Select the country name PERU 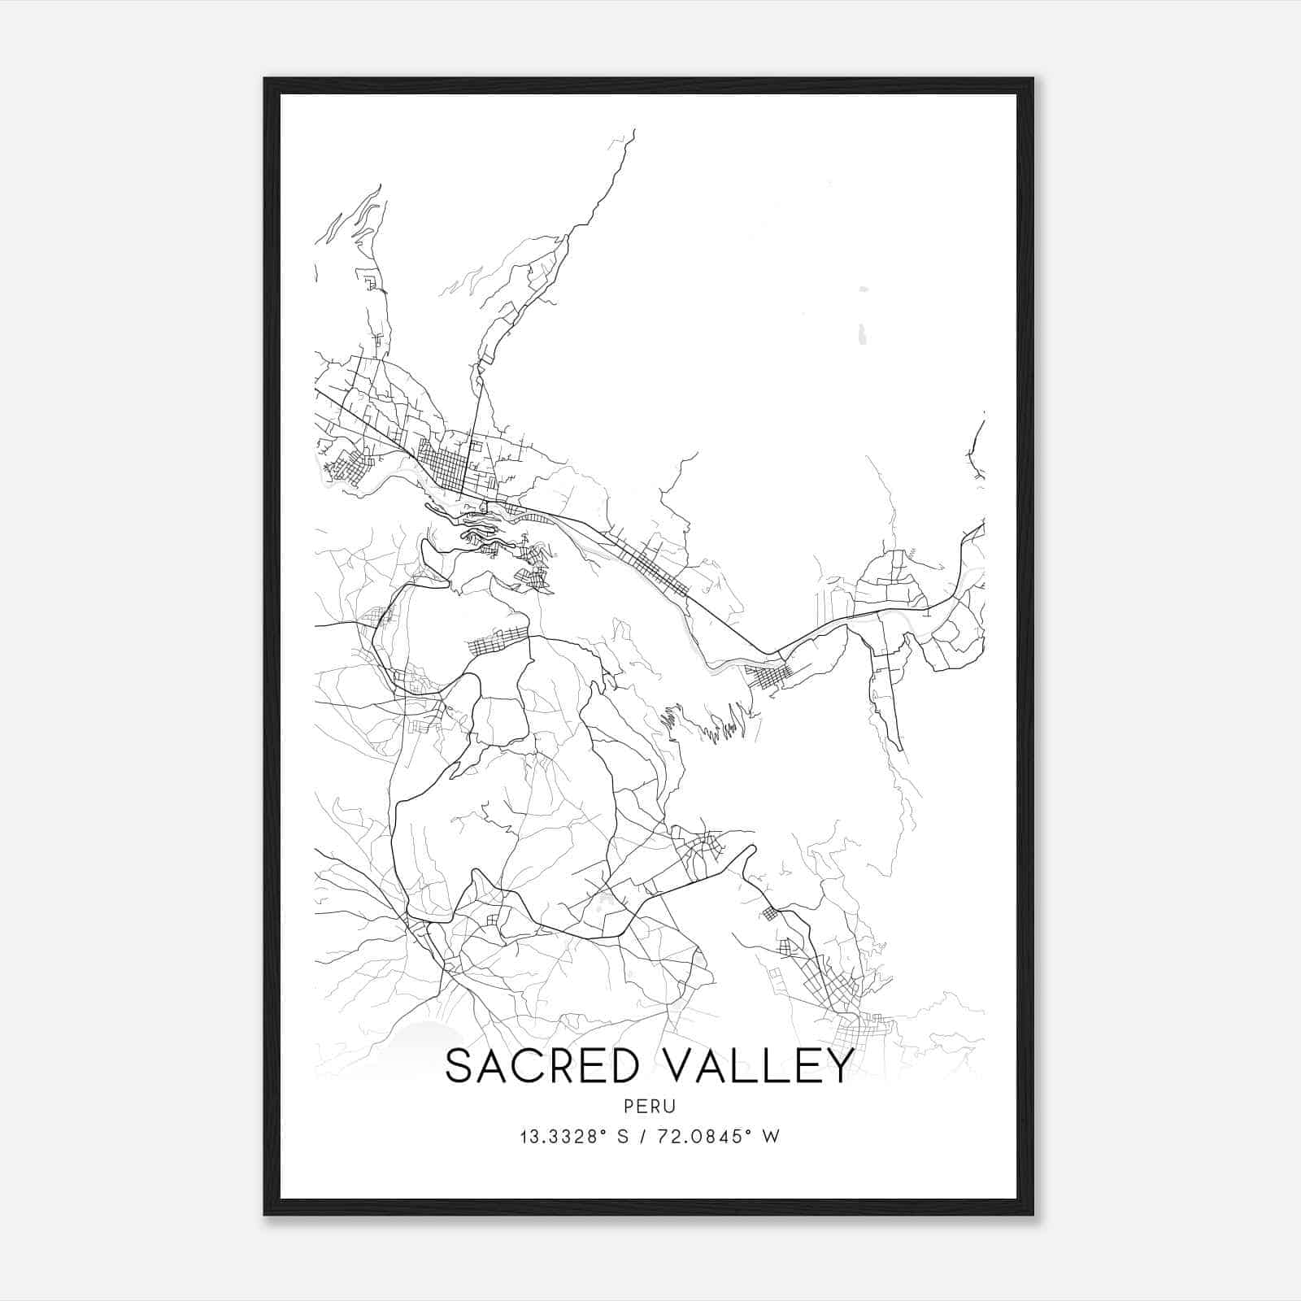650,1107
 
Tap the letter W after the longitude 772,1137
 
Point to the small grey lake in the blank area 862,333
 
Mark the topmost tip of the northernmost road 633,130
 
